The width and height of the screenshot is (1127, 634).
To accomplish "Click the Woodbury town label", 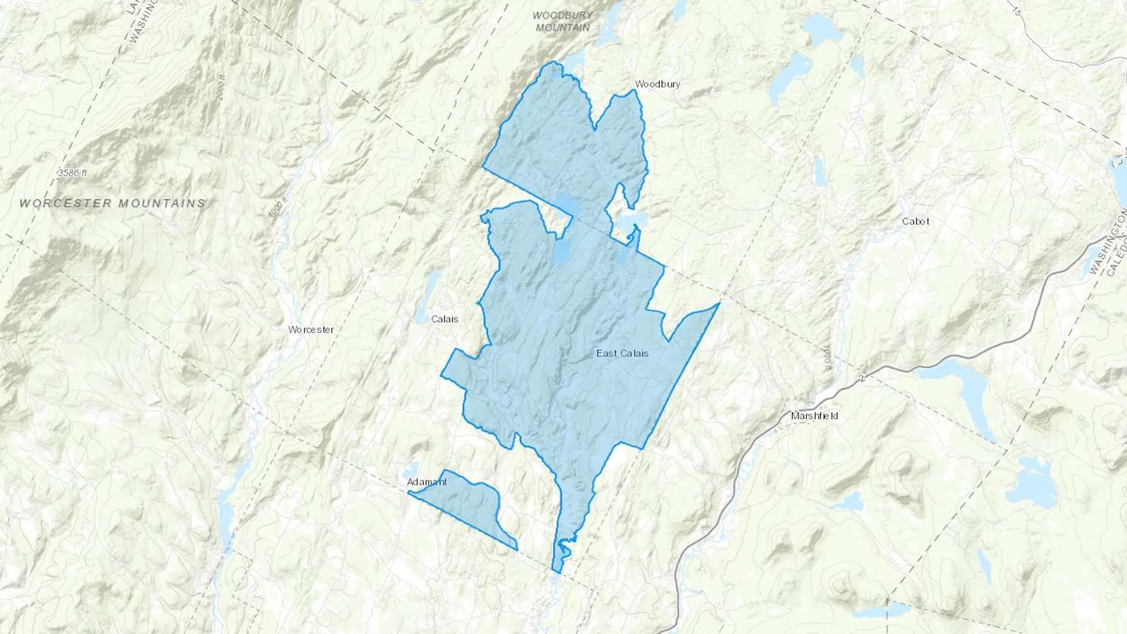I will point(657,84).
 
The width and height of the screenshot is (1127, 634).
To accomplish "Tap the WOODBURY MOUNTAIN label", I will point(562,21).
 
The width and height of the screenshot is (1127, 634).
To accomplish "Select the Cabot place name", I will point(915,221).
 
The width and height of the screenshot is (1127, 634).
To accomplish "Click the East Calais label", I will point(622,354).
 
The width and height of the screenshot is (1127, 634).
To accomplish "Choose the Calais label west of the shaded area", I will point(445,319).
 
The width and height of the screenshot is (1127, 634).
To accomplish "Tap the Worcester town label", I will point(311,329).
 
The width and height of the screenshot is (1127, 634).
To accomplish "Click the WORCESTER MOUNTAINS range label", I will point(112,203).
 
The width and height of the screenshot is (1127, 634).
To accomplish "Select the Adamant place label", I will point(427,482).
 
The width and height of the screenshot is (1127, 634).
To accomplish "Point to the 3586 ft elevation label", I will point(72,173).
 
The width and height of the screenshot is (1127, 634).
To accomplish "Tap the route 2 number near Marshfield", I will point(863,378).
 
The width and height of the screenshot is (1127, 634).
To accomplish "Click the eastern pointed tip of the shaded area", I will point(719,304).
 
